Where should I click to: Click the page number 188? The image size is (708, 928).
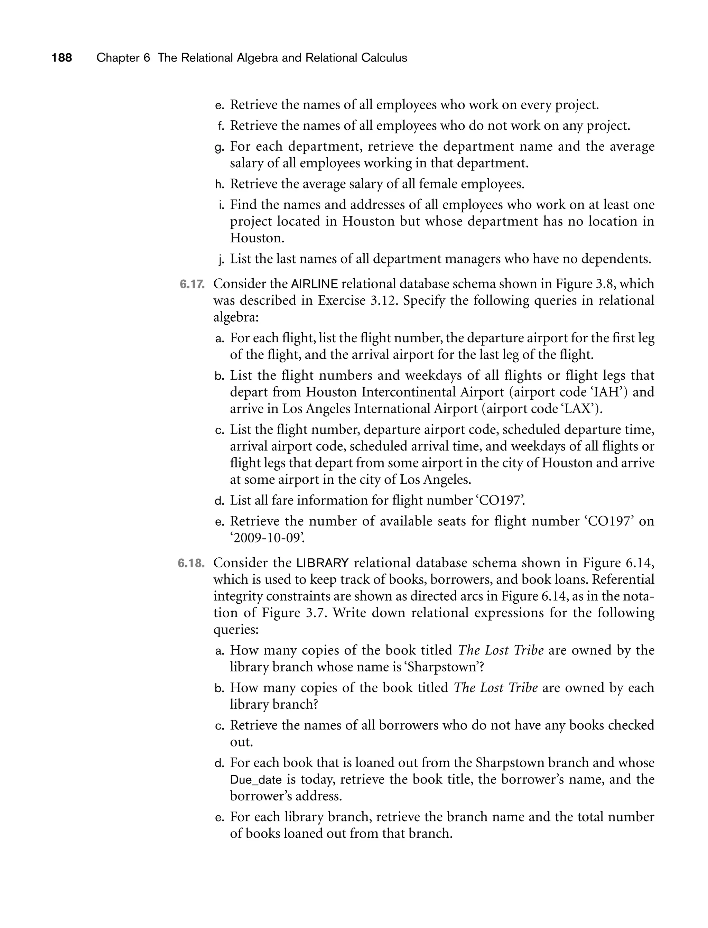(x=62, y=58)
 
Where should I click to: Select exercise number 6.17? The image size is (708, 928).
(x=192, y=284)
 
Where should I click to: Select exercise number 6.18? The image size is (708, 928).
(x=191, y=563)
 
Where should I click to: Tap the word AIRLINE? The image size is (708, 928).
(x=314, y=284)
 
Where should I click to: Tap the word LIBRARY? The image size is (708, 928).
(x=323, y=563)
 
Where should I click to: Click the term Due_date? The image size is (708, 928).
(x=256, y=780)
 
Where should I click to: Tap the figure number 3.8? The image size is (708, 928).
(x=606, y=284)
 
